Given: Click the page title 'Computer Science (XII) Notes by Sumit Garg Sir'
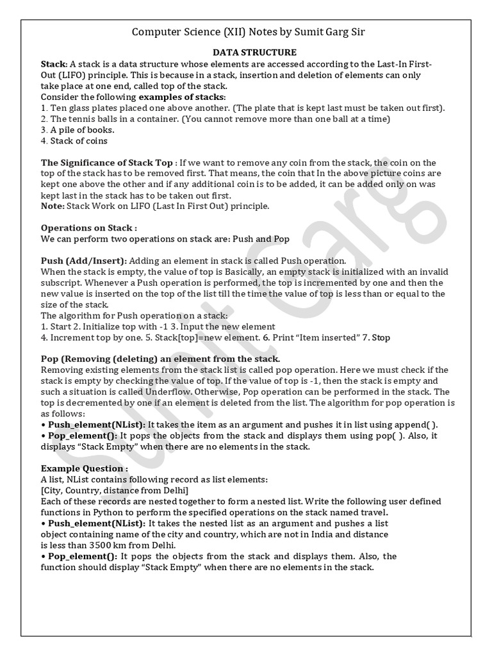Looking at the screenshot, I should coord(245,32).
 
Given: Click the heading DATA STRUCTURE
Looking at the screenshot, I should coord(245,53).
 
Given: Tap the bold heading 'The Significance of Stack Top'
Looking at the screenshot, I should coord(106,163).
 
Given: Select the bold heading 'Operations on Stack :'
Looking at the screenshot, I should coord(88,227).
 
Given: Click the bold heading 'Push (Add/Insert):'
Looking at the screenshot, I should coord(84,261).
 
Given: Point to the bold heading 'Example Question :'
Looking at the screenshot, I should coord(84,468).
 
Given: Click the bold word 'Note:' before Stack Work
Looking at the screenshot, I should coord(53,206).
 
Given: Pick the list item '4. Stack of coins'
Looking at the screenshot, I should coord(74,140).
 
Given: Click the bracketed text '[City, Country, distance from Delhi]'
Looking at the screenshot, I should coord(114,490).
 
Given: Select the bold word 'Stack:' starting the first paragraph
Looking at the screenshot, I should coord(54,64).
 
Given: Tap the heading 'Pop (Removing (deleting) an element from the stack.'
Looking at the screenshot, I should coord(160,359).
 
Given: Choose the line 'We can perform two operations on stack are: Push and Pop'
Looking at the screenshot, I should coord(165,238).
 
